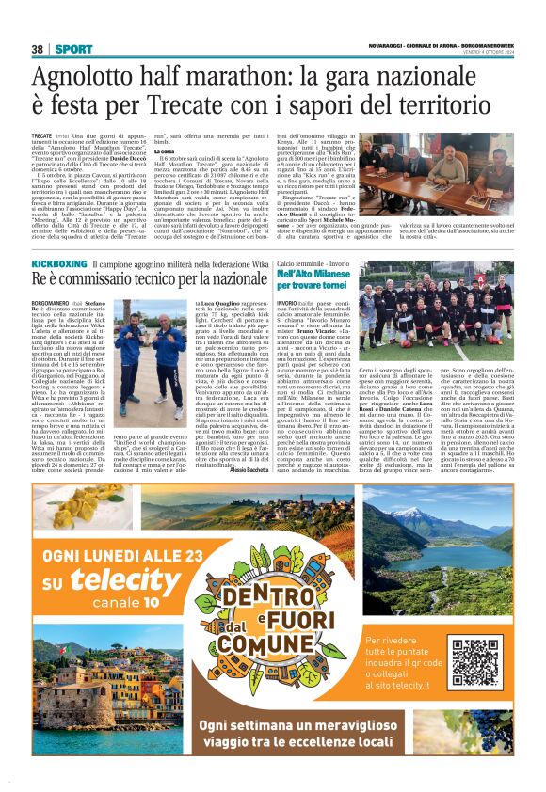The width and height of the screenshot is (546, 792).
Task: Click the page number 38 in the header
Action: point(38,49)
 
